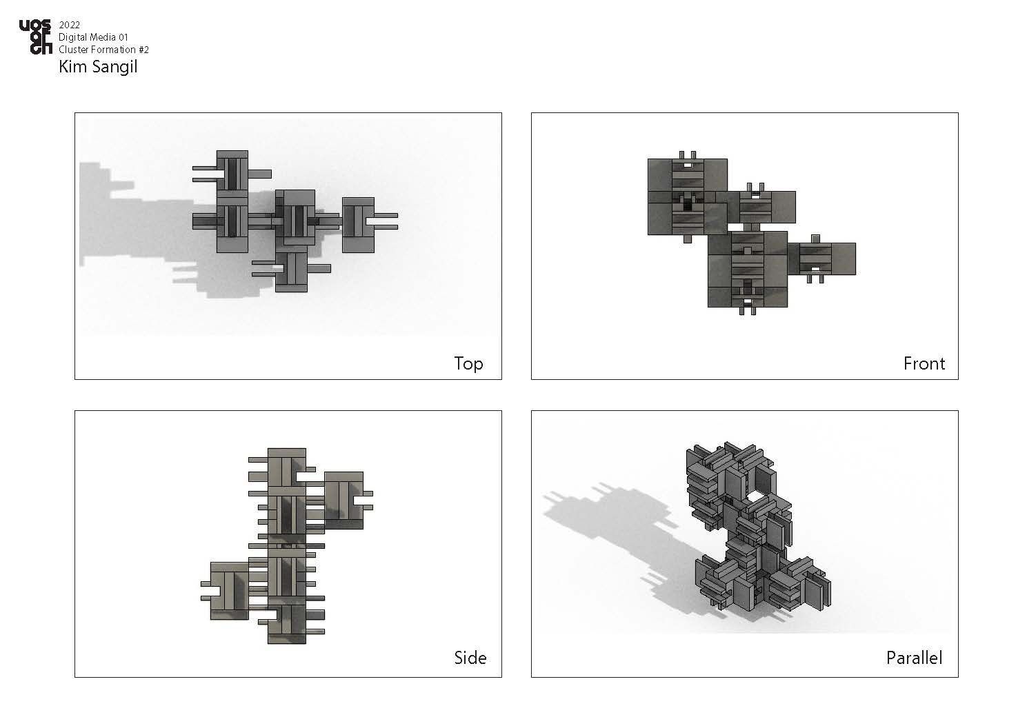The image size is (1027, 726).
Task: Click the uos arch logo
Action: coord(35,37)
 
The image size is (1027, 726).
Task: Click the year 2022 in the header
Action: coord(69,25)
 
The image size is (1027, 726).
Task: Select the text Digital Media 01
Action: coord(93,37)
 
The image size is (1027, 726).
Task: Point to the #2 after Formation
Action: coord(143,50)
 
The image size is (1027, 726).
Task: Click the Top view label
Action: coord(468,364)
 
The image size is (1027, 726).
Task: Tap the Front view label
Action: coord(924,363)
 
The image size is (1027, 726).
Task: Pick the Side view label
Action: coord(470,658)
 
